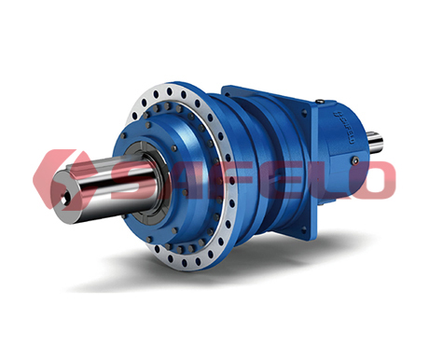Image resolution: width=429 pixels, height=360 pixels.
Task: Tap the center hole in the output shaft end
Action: pos(64,200)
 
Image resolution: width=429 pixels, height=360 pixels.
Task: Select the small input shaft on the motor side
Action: pos(376,141)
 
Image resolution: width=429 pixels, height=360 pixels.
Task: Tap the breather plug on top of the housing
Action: pos(319,101)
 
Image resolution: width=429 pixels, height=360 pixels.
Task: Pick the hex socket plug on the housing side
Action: pos(356,160)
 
